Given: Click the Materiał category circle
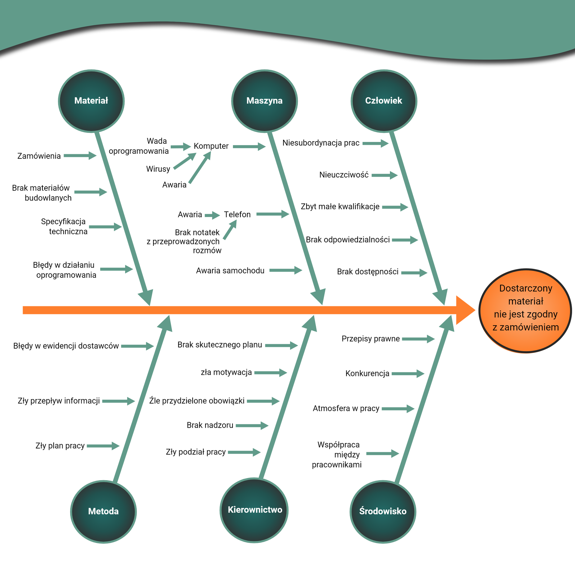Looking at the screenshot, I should pyautogui.click(x=91, y=101).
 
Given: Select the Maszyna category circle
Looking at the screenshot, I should pyautogui.click(x=264, y=101).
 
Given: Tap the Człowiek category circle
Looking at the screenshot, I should pyautogui.click(x=384, y=101).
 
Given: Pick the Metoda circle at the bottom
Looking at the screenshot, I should pyautogui.click(x=103, y=511).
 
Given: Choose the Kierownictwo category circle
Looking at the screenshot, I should pyautogui.click(x=254, y=510).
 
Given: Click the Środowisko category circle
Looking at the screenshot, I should pyautogui.click(x=383, y=511).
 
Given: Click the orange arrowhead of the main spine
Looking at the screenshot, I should pyautogui.click(x=465, y=310).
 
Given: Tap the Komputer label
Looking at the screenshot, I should pyautogui.click(x=211, y=146).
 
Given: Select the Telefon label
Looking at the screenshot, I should pyautogui.click(x=237, y=215).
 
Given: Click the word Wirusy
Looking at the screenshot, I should pyautogui.click(x=158, y=169).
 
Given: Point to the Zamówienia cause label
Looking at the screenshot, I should pyautogui.click(x=39, y=156).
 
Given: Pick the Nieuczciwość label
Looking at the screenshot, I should pyautogui.click(x=344, y=175).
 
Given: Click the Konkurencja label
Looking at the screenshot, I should pyautogui.click(x=367, y=373).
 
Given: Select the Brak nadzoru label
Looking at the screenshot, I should pyautogui.click(x=210, y=425).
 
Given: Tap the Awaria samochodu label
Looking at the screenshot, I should pyautogui.click(x=230, y=271).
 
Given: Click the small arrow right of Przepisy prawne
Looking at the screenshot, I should pyautogui.click(x=418, y=339).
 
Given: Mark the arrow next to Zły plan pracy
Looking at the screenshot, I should pyautogui.click(x=103, y=446).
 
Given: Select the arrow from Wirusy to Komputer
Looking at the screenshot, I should pyautogui.click(x=185, y=161).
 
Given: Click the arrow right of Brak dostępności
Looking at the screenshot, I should pyautogui.click(x=414, y=273).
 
